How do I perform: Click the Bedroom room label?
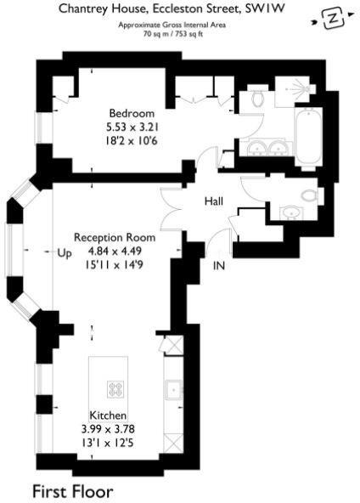click(x=131, y=112)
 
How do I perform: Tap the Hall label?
click(x=213, y=201)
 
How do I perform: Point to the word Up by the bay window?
click(x=65, y=252)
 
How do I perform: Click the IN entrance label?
click(x=219, y=265)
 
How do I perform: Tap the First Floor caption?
click(x=72, y=490)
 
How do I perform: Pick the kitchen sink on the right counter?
click(x=173, y=390)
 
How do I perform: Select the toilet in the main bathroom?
click(x=258, y=100)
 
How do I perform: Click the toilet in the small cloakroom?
click(x=309, y=196)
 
